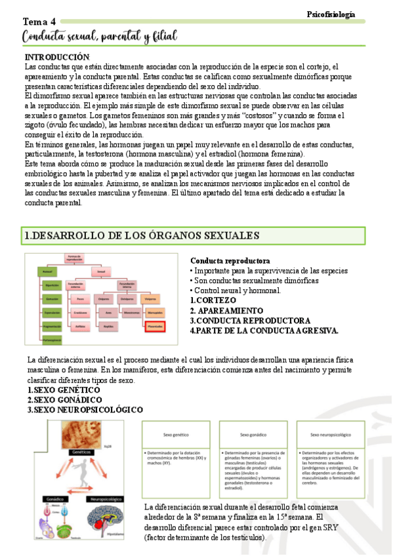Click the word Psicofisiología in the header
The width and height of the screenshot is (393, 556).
[x=331, y=14]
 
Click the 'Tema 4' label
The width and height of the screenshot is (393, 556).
[x=39, y=22]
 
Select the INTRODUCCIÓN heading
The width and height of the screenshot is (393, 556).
[x=56, y=58]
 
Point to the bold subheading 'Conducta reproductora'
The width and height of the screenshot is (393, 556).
[x=230, y=260]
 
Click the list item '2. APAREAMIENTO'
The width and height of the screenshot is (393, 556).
[x=226, y=310]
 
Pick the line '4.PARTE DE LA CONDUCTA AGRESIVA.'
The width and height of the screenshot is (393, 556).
[x=264, y=330]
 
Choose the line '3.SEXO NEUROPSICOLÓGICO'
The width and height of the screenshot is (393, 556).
[x=85, y=409]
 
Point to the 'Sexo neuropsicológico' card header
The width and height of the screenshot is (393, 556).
[x=331, y=435]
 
